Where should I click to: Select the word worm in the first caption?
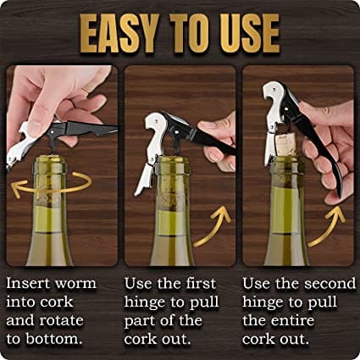pyautogui.click(x=75, y=283)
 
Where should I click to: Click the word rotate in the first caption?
pyautogui.click(x=61, y=320)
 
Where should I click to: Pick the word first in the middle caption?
pyautogui.click(x=202, y=283)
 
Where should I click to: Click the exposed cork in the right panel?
pyautogui.click(x=286, y=146)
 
